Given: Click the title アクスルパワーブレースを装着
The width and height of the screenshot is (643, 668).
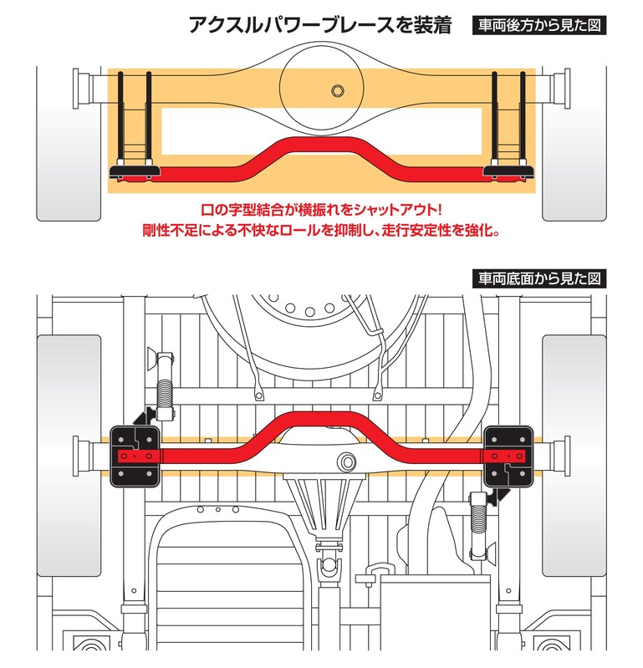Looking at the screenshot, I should tap(320, 25).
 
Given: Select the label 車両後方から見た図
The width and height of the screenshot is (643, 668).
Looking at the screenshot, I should tap(538, 25).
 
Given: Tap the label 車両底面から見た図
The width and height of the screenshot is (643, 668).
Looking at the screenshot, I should tap(538, 278).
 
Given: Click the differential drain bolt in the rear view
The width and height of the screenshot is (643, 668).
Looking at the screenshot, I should tap(339, 90).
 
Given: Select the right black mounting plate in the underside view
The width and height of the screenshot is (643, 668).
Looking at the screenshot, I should tap(508, 454).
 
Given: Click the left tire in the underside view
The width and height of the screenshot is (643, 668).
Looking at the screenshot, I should tap(69, 456).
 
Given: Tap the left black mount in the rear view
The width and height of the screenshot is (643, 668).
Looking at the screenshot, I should tap(134, 172).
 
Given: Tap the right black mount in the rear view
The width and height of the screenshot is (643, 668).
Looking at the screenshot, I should tap(508, 172).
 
